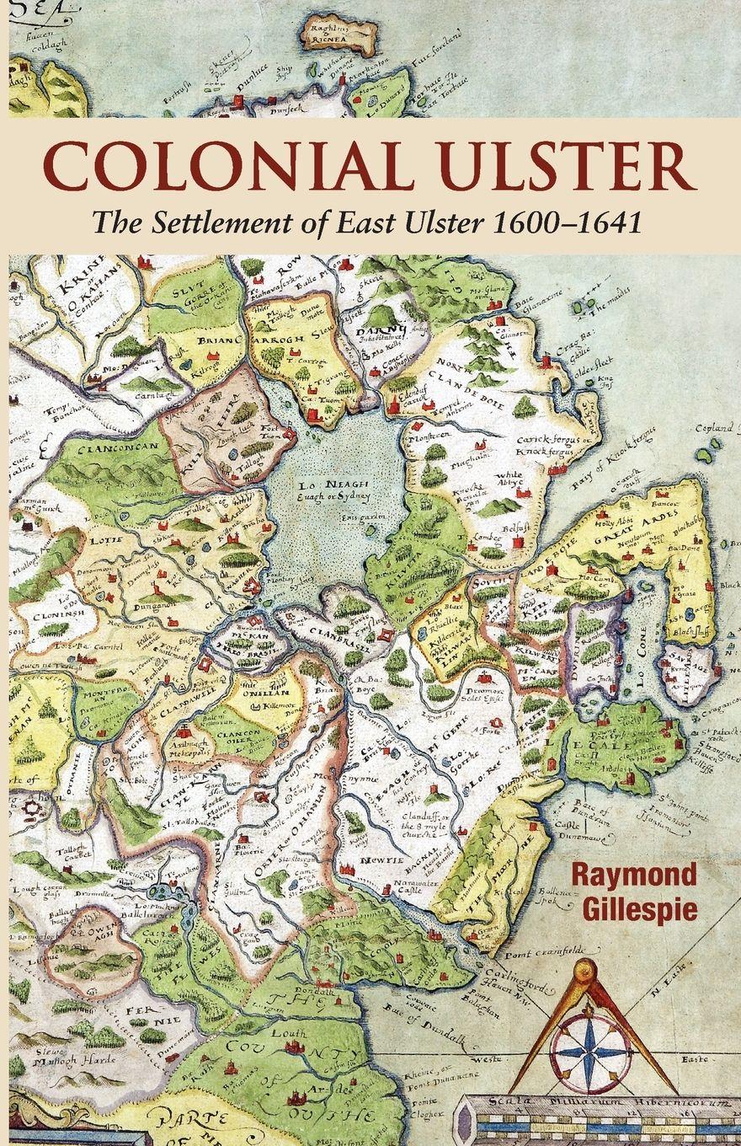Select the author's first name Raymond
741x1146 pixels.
point(637,876)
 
